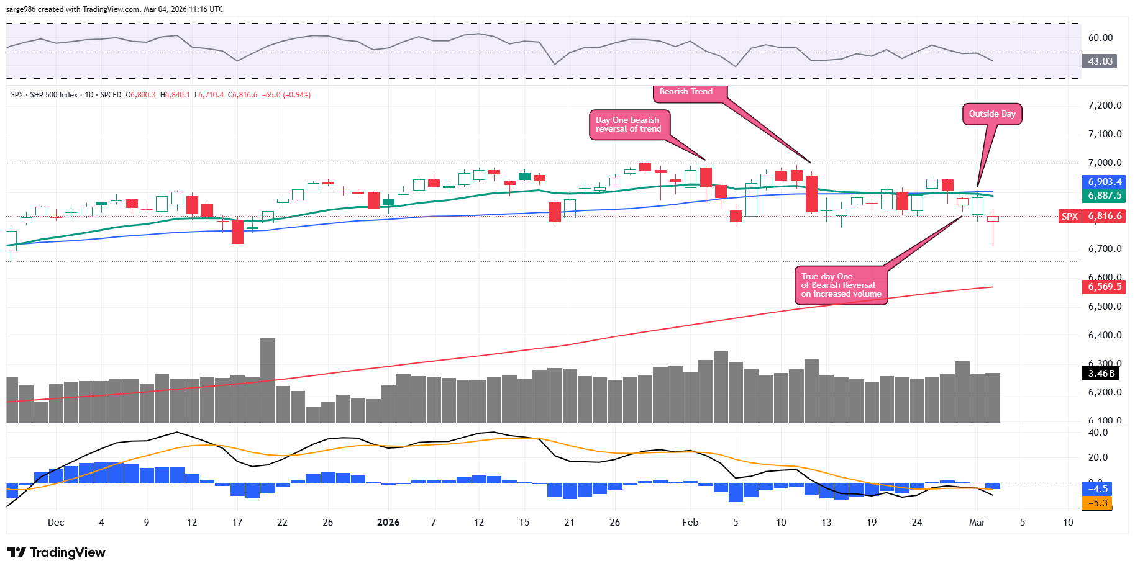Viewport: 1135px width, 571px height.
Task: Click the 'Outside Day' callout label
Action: coord(992,114)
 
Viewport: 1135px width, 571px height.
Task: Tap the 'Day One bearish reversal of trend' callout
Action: coord(629,125)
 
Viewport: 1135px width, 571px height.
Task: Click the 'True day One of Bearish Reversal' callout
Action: coord(841,285)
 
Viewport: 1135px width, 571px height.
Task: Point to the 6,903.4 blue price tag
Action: coord(1105,182)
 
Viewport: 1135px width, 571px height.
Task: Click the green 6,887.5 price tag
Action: coord(1105,196)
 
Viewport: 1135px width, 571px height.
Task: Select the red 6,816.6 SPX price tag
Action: coord(1105,217)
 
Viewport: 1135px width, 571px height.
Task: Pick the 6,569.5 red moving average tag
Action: coord(1105,287)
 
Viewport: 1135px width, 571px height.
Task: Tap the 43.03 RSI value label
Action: coord(1100,61)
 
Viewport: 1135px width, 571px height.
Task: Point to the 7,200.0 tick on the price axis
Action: coord(1105,106)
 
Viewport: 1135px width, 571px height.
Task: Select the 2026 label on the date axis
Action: coord(388,523)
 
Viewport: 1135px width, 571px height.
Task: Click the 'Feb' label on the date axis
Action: coord(690,523)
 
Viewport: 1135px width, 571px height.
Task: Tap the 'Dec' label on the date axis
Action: coord(56,523)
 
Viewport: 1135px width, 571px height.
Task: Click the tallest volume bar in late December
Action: coord(268,380)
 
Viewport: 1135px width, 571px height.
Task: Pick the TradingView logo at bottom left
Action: coord(57,552)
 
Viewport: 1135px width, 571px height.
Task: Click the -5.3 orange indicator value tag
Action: coord(1098,503)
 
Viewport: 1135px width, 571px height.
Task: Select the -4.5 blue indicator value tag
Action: coord(1098,489)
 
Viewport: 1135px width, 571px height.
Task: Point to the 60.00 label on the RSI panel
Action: coord(1100,38)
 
